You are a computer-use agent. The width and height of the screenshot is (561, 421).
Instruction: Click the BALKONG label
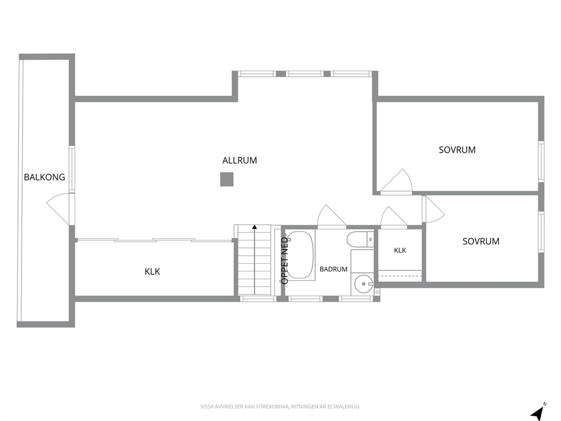tap(44, 177)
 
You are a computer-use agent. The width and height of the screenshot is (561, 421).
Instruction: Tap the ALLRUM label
tap(239, 160)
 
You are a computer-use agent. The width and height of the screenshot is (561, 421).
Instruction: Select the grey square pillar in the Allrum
tap(227, 179)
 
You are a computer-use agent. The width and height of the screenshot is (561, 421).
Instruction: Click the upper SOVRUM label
tap(458, 149)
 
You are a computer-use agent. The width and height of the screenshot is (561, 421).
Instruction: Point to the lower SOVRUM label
tap(481, 241)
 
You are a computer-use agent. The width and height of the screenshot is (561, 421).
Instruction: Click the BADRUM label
tap(334, 269)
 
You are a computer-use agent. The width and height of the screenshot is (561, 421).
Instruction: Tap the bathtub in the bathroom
tap(300, 255)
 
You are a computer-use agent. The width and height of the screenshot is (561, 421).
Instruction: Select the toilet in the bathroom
tap(360, 239)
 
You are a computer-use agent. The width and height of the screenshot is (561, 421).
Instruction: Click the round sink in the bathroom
tap(364, 284)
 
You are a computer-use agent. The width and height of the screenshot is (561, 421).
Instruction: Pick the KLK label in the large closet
tap(153, 272)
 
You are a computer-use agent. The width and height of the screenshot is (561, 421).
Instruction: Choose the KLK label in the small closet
tap(400, 250)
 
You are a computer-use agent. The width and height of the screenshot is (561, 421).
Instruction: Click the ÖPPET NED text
tap(285, 260)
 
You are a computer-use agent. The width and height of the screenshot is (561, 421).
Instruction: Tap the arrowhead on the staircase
tap(254, 226)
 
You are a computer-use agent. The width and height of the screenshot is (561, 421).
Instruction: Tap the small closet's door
tap(394, 217)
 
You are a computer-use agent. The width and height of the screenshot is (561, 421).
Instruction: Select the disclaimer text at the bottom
tap(280, 406)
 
